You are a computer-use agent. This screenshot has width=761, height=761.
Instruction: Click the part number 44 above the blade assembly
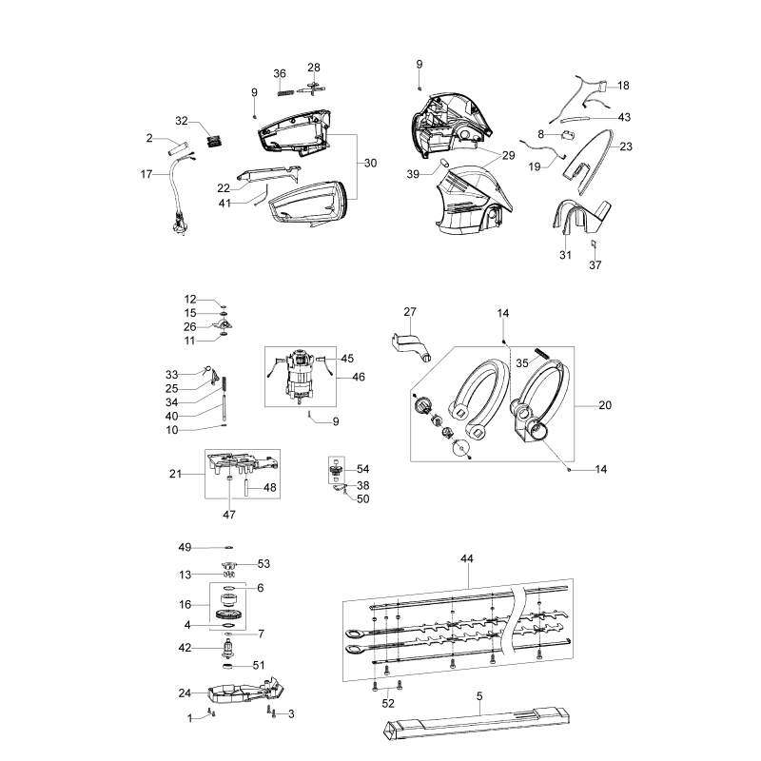(x=466, y=558)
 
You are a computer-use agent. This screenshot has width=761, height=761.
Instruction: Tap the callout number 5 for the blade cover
(x=479, y=696)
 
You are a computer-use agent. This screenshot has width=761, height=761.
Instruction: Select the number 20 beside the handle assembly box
(x=605, y=405)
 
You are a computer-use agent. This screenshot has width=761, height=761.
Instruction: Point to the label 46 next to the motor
(x=359, y=377)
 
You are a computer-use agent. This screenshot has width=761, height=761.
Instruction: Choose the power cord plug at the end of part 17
(x=179, y=225)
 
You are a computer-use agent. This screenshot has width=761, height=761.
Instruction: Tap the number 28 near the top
(x=314, y=68)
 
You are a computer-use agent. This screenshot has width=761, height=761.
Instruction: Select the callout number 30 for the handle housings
(x=370, y=163)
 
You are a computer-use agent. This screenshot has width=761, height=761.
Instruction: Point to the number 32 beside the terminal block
(x=181, y=121)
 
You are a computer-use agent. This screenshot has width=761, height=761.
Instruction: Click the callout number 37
(x=595, y=265)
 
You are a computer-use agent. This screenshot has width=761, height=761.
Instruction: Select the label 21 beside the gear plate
(x=175, y=474)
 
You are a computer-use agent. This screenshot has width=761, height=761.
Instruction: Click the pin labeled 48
(x=246, y=487)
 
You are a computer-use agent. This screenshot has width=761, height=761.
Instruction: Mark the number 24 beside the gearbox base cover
(x=185, y=693)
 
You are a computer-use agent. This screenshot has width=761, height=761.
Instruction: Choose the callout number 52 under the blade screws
(x=388, y=703)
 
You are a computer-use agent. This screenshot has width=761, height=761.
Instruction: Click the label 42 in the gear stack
(x=185, y=648)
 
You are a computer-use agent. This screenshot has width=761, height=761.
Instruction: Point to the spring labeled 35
(x=541, y=354)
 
